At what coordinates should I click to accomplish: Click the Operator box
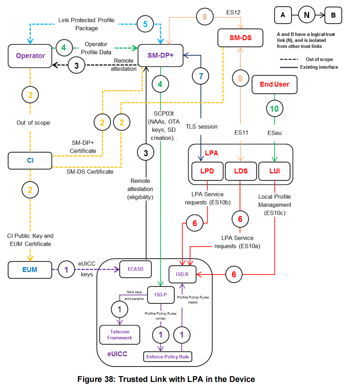click(x=30, y=56)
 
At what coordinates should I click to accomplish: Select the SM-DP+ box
click(x=160, y=56)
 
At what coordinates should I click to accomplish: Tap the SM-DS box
click(x=240, y=38)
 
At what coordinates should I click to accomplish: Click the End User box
click(x=274, y=84)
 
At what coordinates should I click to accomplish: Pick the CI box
click(x=30, y=160)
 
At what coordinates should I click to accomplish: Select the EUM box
click(x=30, y=269)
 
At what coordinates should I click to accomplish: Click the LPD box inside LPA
click(x=207, y=171)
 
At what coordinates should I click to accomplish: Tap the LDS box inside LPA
click(x=241, y=171)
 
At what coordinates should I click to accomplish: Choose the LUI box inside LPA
click(x=274, y=171)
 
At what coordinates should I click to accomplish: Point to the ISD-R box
click(x=182, y=274)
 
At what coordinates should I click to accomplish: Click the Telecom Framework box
click(x=120, y=335)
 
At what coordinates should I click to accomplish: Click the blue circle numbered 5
click(x=145, y=24)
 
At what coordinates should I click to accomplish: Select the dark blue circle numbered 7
click(x=201, y=76)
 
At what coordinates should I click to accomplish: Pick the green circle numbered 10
click(x=274, y=109)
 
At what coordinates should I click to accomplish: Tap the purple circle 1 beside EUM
click(x=66, y=269)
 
